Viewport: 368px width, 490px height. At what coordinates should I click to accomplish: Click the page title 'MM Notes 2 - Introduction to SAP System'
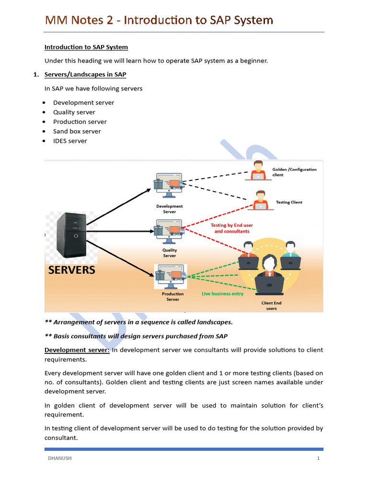pyautogui.click(x=159, y=20)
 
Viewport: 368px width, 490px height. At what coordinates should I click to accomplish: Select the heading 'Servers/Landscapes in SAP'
pyautogui.click(x=85, y=75)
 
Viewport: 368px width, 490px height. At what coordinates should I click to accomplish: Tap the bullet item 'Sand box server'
pyautogui.click(x=77, y=131)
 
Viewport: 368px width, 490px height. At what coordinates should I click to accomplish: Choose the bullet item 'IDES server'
pyautogui.click(x=70, y=141)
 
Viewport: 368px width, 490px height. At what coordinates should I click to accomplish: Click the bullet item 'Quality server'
pyautogui.click(x=74, y=112)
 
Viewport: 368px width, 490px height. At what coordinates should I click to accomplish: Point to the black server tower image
pyautogui.click(x=71, y=235)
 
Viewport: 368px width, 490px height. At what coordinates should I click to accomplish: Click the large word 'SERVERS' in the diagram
pyautogui.click(x=72, y=270)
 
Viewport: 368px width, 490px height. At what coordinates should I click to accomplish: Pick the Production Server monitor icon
pyautogui.click(x=171, y=276)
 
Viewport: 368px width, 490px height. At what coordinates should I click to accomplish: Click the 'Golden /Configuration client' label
pyautogui.click(x=294, y=172)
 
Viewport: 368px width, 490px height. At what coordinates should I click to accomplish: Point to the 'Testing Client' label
pyautogui.click(x=289, y=202)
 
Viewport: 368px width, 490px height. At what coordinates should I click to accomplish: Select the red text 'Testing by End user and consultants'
pyautogui.click(x=232, y=228)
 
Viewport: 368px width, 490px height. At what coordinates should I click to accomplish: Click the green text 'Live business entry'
pyautogui.click(x=222, y=293)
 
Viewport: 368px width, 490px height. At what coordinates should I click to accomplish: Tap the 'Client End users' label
pyautogui.click(x=271, y=306)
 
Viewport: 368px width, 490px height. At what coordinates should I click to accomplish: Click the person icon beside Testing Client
pyautogui.click(x=260, y=200)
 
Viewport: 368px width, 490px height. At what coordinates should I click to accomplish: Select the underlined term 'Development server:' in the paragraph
pyautogui.click(x=77, y=350)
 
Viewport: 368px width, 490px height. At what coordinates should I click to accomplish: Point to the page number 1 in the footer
pyautogui.click(x=318, y=458)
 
